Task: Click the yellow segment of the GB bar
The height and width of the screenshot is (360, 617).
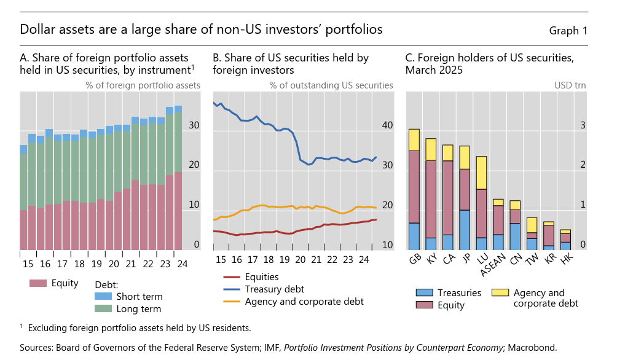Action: pos(414,139)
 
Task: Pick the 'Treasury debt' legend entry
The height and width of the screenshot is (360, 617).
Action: pos(274,289)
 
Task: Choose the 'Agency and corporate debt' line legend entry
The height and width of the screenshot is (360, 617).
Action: pos(304,302)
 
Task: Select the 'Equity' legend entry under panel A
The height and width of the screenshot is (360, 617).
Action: pos(65,283)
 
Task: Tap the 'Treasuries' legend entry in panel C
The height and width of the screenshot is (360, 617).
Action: pos(459,292)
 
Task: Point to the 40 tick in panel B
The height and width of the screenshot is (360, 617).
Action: pos(387,125)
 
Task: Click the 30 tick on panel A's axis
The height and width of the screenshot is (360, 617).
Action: pos(194,125)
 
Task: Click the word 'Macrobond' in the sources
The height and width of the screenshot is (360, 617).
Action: pos(532,348)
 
